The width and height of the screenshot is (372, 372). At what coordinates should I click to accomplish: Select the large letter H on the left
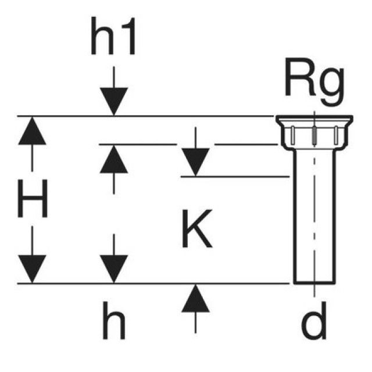coord(32,199)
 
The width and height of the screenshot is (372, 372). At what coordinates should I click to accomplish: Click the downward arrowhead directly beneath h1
coord(113,102)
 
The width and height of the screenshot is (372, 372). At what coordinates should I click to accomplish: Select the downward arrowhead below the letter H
coord(32,269)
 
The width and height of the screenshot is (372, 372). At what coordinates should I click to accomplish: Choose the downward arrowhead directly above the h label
coord(113,269)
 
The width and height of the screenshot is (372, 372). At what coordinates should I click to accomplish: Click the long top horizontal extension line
coord(145,116)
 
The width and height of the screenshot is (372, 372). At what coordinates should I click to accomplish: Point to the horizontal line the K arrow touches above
coord(233,176)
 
